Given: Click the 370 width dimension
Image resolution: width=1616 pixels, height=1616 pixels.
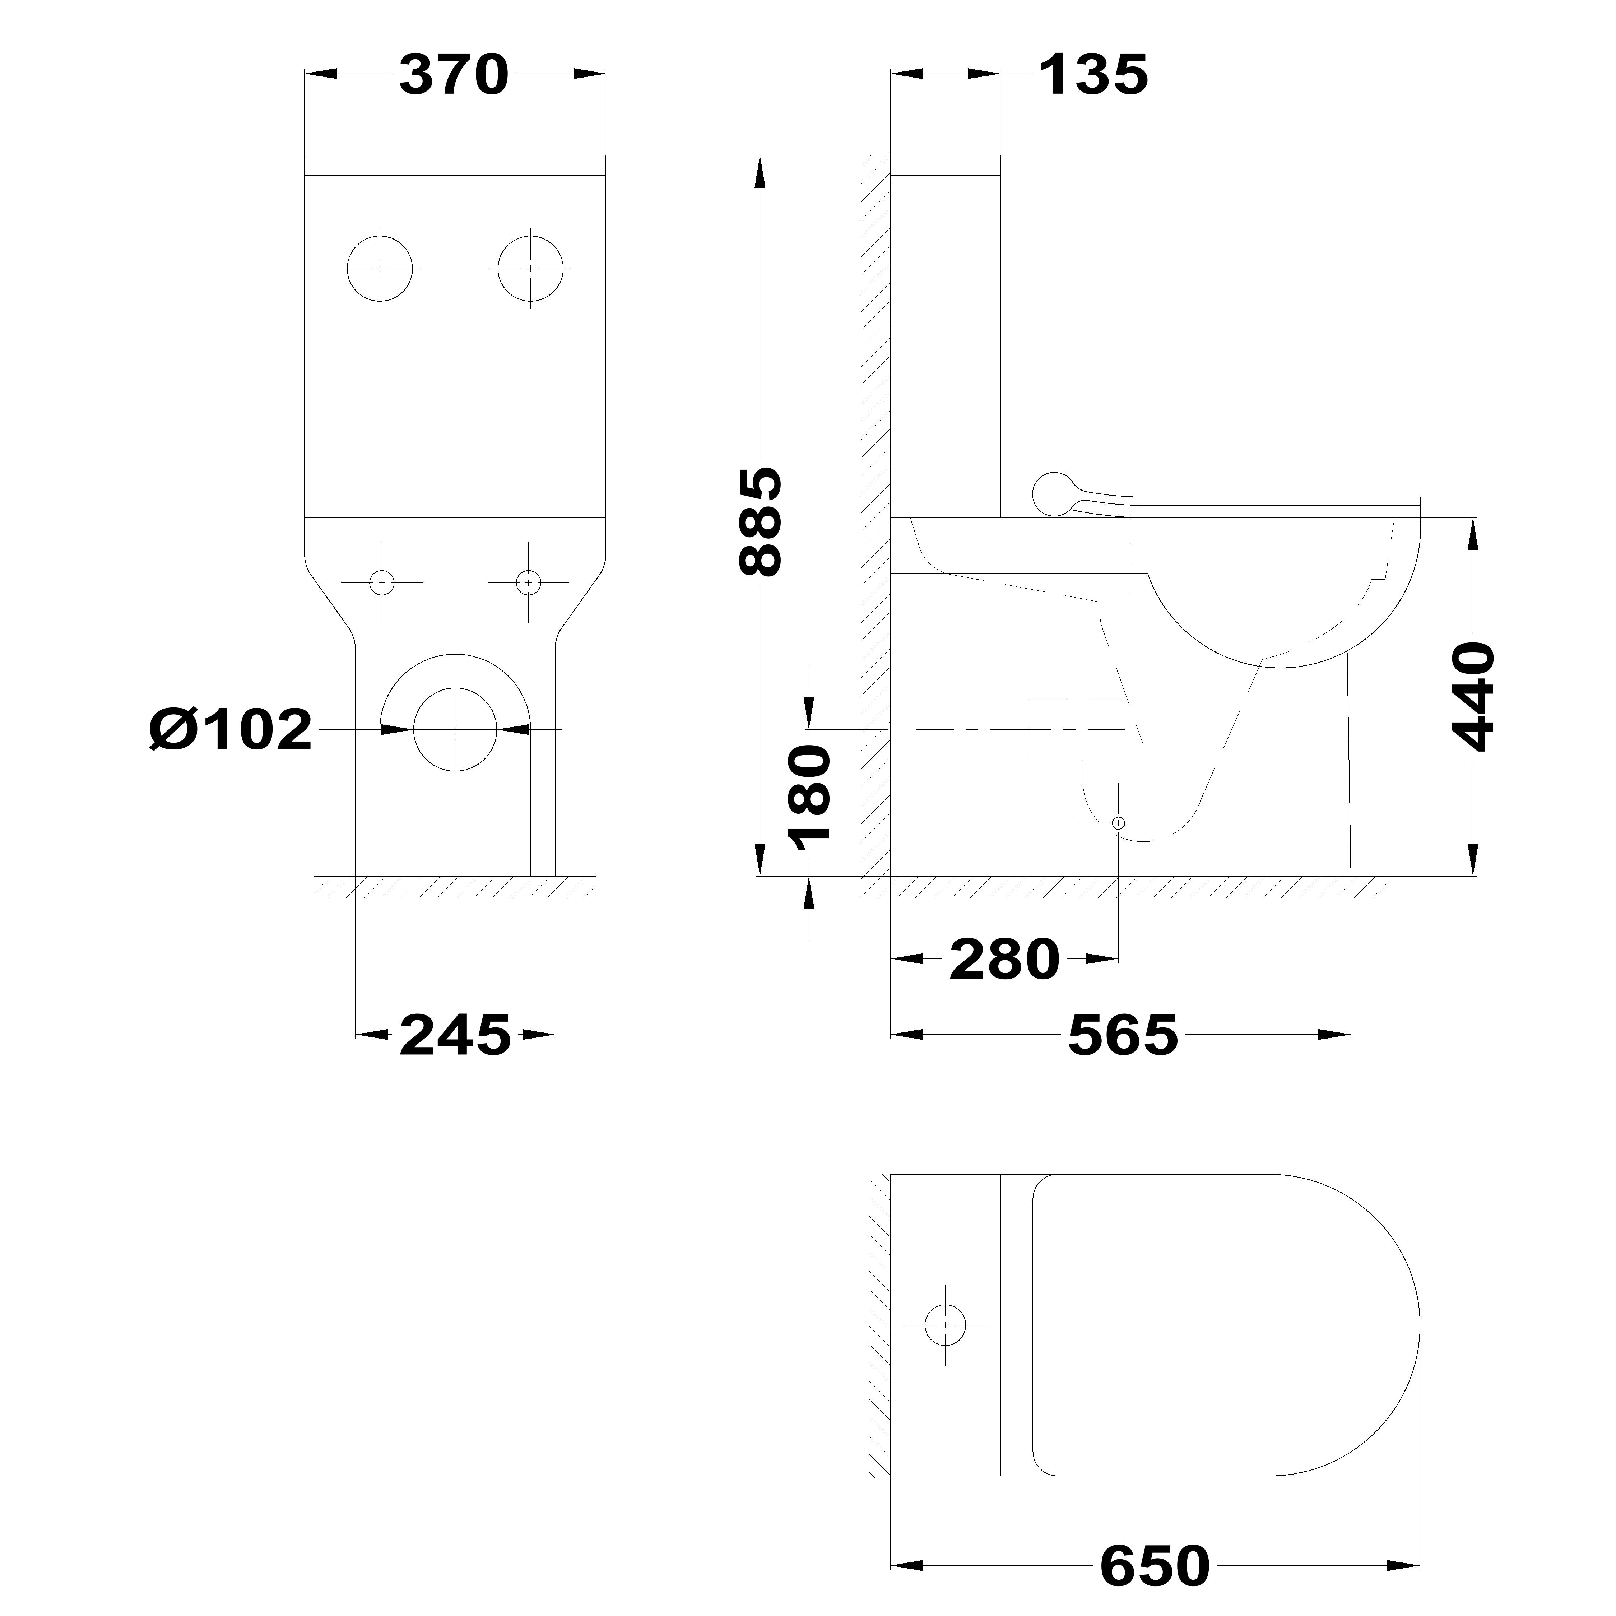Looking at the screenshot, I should (454, 75).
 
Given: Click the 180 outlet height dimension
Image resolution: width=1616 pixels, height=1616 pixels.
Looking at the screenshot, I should (810, 797).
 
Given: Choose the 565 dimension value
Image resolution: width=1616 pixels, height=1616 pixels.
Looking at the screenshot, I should (1123, 1035).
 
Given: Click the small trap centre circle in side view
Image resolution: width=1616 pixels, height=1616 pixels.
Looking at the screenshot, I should (1118, 823).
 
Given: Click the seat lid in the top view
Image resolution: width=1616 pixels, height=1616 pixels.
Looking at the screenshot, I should (1221, 1326).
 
